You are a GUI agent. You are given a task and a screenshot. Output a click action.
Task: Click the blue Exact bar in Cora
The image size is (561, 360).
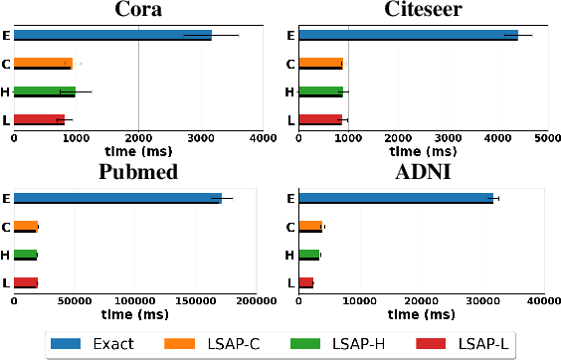click(x=112, y=36)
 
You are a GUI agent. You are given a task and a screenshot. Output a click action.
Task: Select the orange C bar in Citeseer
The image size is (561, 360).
click(x=320, y=64)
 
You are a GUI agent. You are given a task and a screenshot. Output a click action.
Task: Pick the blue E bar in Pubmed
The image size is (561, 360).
click(x=117, y=198)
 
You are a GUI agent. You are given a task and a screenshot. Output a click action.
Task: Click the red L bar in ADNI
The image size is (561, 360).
click(x=305, y=282)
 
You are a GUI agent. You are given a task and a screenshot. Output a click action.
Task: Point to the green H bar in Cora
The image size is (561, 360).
click(x=44, y=92)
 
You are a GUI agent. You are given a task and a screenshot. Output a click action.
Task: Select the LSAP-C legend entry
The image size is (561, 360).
click(x=221, y=344)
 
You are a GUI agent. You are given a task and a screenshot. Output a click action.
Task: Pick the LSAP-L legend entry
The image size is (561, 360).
click(x=466, y=344)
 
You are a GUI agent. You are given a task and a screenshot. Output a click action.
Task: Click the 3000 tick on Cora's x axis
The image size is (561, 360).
click(x=200, y=138)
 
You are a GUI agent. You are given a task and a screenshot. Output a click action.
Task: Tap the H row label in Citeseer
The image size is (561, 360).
click(x=289, y=92)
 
